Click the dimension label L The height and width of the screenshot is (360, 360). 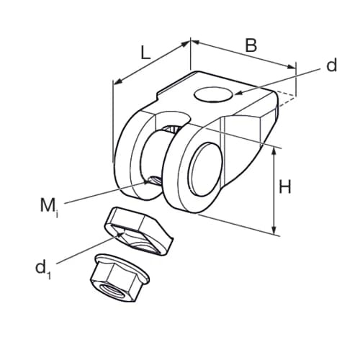(145, 52)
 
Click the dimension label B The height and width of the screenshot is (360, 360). (250, 45)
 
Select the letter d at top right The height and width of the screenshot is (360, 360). (331, 66)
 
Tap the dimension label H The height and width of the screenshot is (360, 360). (285, 187)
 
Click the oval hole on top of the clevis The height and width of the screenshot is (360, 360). (213, 94)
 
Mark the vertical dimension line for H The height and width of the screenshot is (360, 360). (275, 191)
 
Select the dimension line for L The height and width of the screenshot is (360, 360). (151, 63)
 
